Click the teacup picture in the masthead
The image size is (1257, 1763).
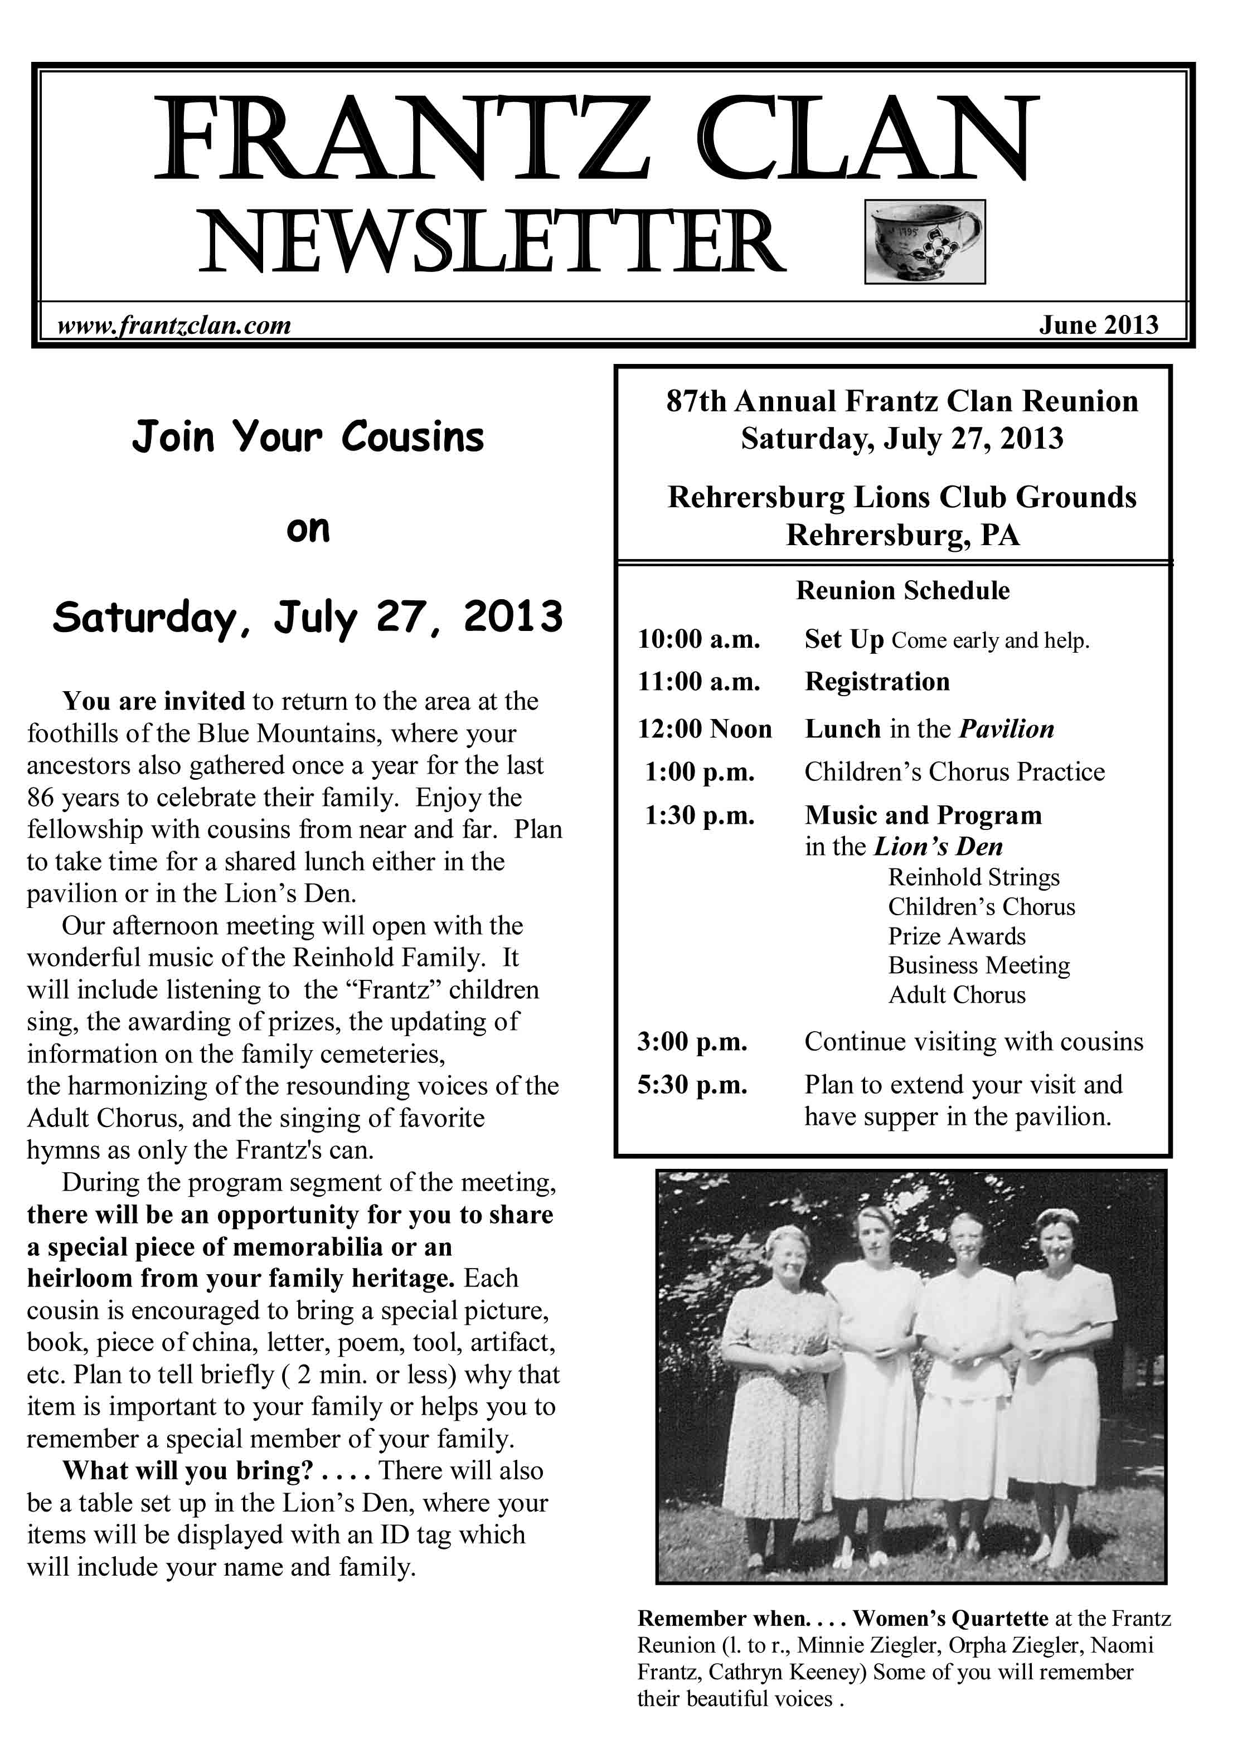pyautogui.click(x=924, y=241)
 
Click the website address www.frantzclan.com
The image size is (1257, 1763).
pyautogui.click(x=174, y=325)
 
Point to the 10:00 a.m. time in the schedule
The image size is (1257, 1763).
pyautogui.click(x=699, y=639)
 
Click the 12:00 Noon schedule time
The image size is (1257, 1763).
pyautogui.click(x=705, y=729)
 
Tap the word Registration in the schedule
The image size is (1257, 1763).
pyautogui.click(x=877, y=682)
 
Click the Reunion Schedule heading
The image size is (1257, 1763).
pyautogui.click(x=902, y=590)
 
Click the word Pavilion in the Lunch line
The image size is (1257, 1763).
pyautogui.click(x=1006, y=729)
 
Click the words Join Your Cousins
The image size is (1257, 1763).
pyautogui.click(x=308, y=436)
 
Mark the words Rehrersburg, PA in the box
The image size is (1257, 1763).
pyautogui.click(x=902, y=535)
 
